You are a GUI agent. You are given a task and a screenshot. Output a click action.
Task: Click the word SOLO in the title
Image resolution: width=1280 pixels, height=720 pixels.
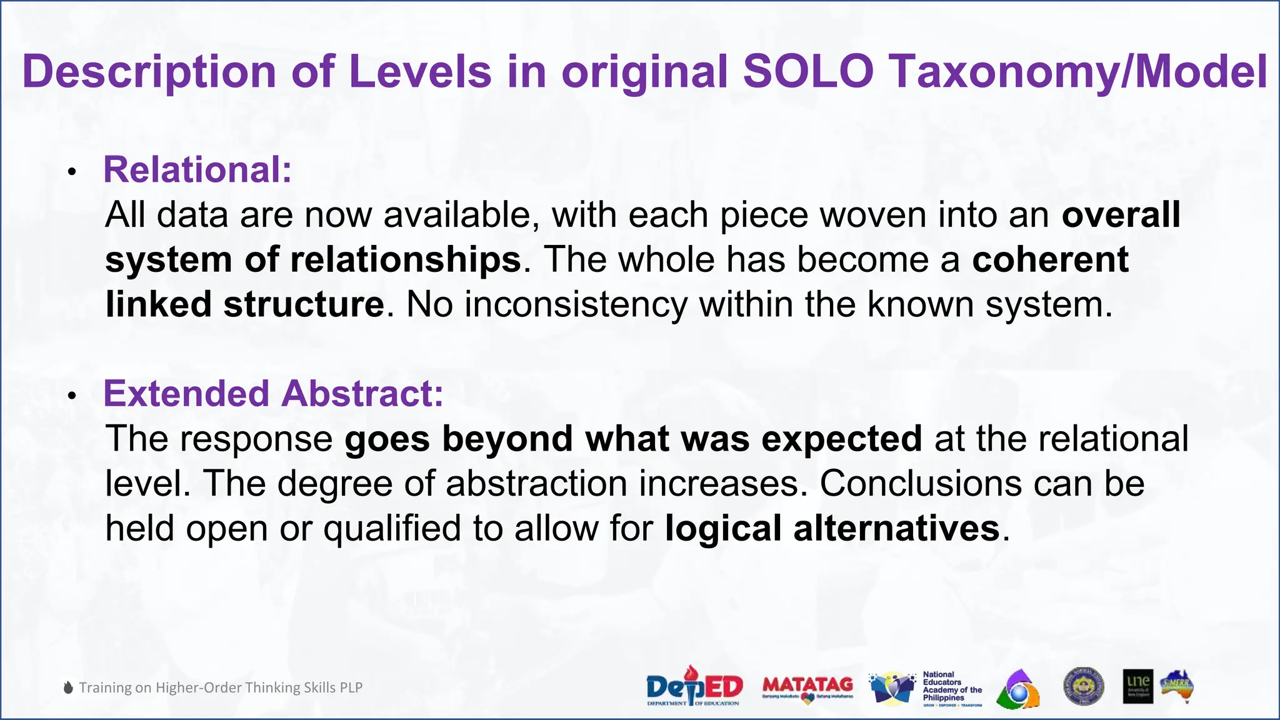click(808, 71)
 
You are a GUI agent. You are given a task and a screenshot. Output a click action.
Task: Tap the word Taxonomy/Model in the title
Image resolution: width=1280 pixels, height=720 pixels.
click(1079, 71)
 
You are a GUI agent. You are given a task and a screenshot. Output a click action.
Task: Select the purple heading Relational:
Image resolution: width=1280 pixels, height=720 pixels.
click(197, 169)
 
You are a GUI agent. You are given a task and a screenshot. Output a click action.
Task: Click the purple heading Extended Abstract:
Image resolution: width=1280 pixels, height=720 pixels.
click(273, 394)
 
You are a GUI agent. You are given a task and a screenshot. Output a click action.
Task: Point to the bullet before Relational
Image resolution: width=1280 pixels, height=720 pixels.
click(72, 172)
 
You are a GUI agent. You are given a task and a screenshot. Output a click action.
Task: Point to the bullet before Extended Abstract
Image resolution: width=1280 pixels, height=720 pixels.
click(72, 396)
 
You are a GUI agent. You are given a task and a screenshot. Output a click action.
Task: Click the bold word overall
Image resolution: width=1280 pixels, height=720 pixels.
click(1121, 214)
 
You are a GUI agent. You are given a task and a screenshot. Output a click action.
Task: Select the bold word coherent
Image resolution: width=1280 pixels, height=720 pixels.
click(1050, 259)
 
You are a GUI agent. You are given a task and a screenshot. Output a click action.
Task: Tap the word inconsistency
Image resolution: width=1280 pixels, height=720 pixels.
click(575, 304)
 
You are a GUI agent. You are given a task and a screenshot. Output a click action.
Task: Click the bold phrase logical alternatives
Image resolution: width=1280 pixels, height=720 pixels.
click(832, 528)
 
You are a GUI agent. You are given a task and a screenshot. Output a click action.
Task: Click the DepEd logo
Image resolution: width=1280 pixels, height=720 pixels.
click(694, 686)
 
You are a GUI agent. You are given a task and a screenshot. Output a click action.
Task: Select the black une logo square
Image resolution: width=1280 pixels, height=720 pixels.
click(1137, 686)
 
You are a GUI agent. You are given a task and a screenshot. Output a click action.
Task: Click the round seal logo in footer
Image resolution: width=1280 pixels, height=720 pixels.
click(1083, 686)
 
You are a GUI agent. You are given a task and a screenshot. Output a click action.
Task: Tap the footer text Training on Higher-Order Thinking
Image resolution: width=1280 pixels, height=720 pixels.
click(220, 687)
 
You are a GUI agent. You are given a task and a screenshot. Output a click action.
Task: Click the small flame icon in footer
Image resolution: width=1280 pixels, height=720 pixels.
click(69, 687)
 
